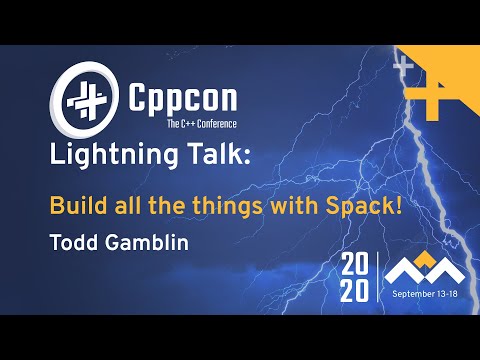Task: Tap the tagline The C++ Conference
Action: (x=170, y=123)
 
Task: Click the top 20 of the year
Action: (x=355, y=266)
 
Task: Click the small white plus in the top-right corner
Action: (x=404, y=65)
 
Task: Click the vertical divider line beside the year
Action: (x=377, y=279)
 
